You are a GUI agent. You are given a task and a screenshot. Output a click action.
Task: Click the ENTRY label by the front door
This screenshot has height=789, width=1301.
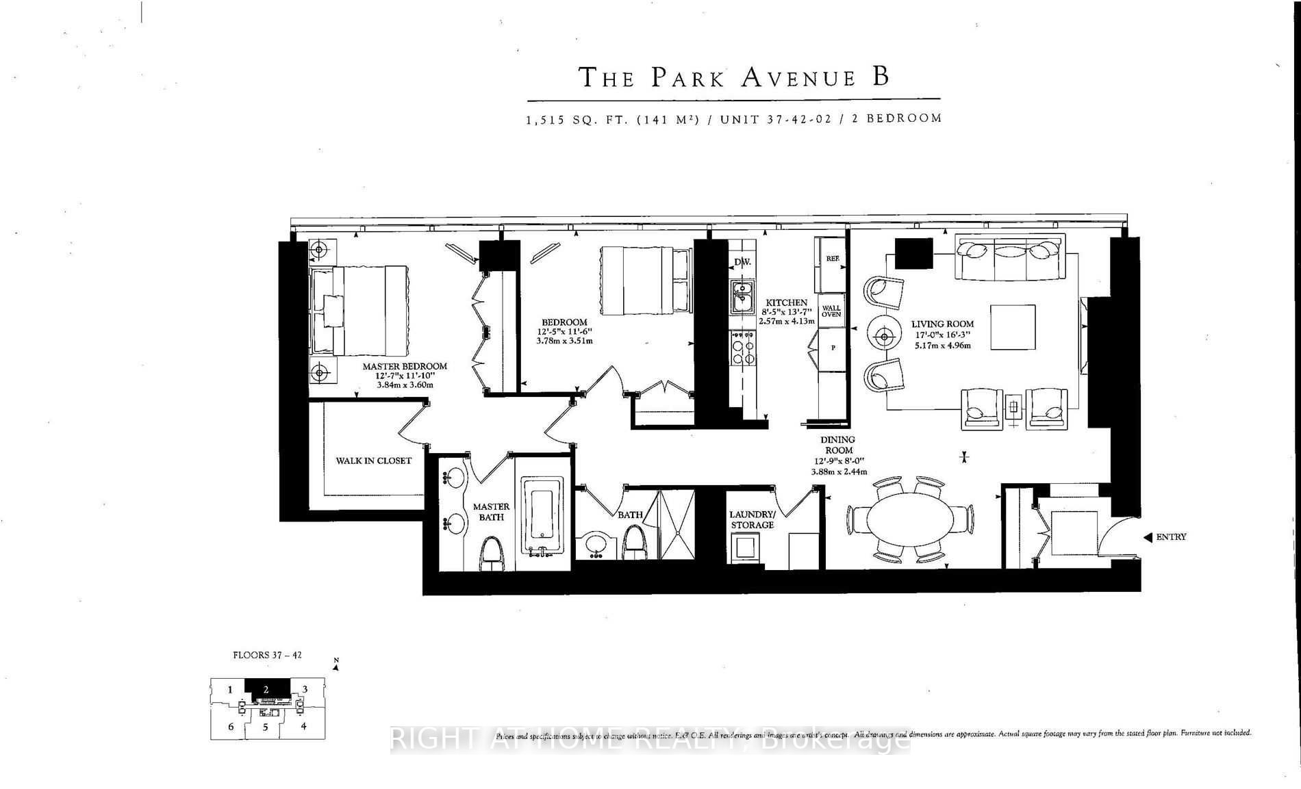pos(1171,537)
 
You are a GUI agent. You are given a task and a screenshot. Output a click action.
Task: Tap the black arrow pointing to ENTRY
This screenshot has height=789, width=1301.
pos(1148,537)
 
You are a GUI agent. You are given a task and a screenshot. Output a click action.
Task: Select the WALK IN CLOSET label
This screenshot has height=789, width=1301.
pos(373,461)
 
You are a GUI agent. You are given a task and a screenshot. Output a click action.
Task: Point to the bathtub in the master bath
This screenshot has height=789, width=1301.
pos(542,516)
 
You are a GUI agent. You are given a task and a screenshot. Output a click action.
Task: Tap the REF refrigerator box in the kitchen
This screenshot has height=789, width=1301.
pos(832,259)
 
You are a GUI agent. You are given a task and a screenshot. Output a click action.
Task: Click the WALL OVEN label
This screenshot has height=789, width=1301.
pos(831,311)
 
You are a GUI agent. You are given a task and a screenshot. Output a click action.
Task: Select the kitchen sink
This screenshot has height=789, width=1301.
pos(741,298)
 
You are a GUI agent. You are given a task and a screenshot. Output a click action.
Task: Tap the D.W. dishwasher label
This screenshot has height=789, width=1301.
pos(742,262)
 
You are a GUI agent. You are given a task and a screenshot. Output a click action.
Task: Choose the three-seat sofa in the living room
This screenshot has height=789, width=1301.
pos(1011,258)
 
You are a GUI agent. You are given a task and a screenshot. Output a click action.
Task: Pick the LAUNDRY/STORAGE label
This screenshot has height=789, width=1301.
pos(752,520)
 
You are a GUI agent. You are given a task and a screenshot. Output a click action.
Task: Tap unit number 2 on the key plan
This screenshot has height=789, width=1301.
pos(266,689)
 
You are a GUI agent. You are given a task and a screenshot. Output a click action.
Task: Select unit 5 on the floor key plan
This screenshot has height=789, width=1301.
pos(265,727)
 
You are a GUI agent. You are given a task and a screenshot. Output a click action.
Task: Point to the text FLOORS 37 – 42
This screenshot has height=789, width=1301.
pos(267,655)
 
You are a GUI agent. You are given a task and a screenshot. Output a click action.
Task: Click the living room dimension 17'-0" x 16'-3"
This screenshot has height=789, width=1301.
pos(942,335)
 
